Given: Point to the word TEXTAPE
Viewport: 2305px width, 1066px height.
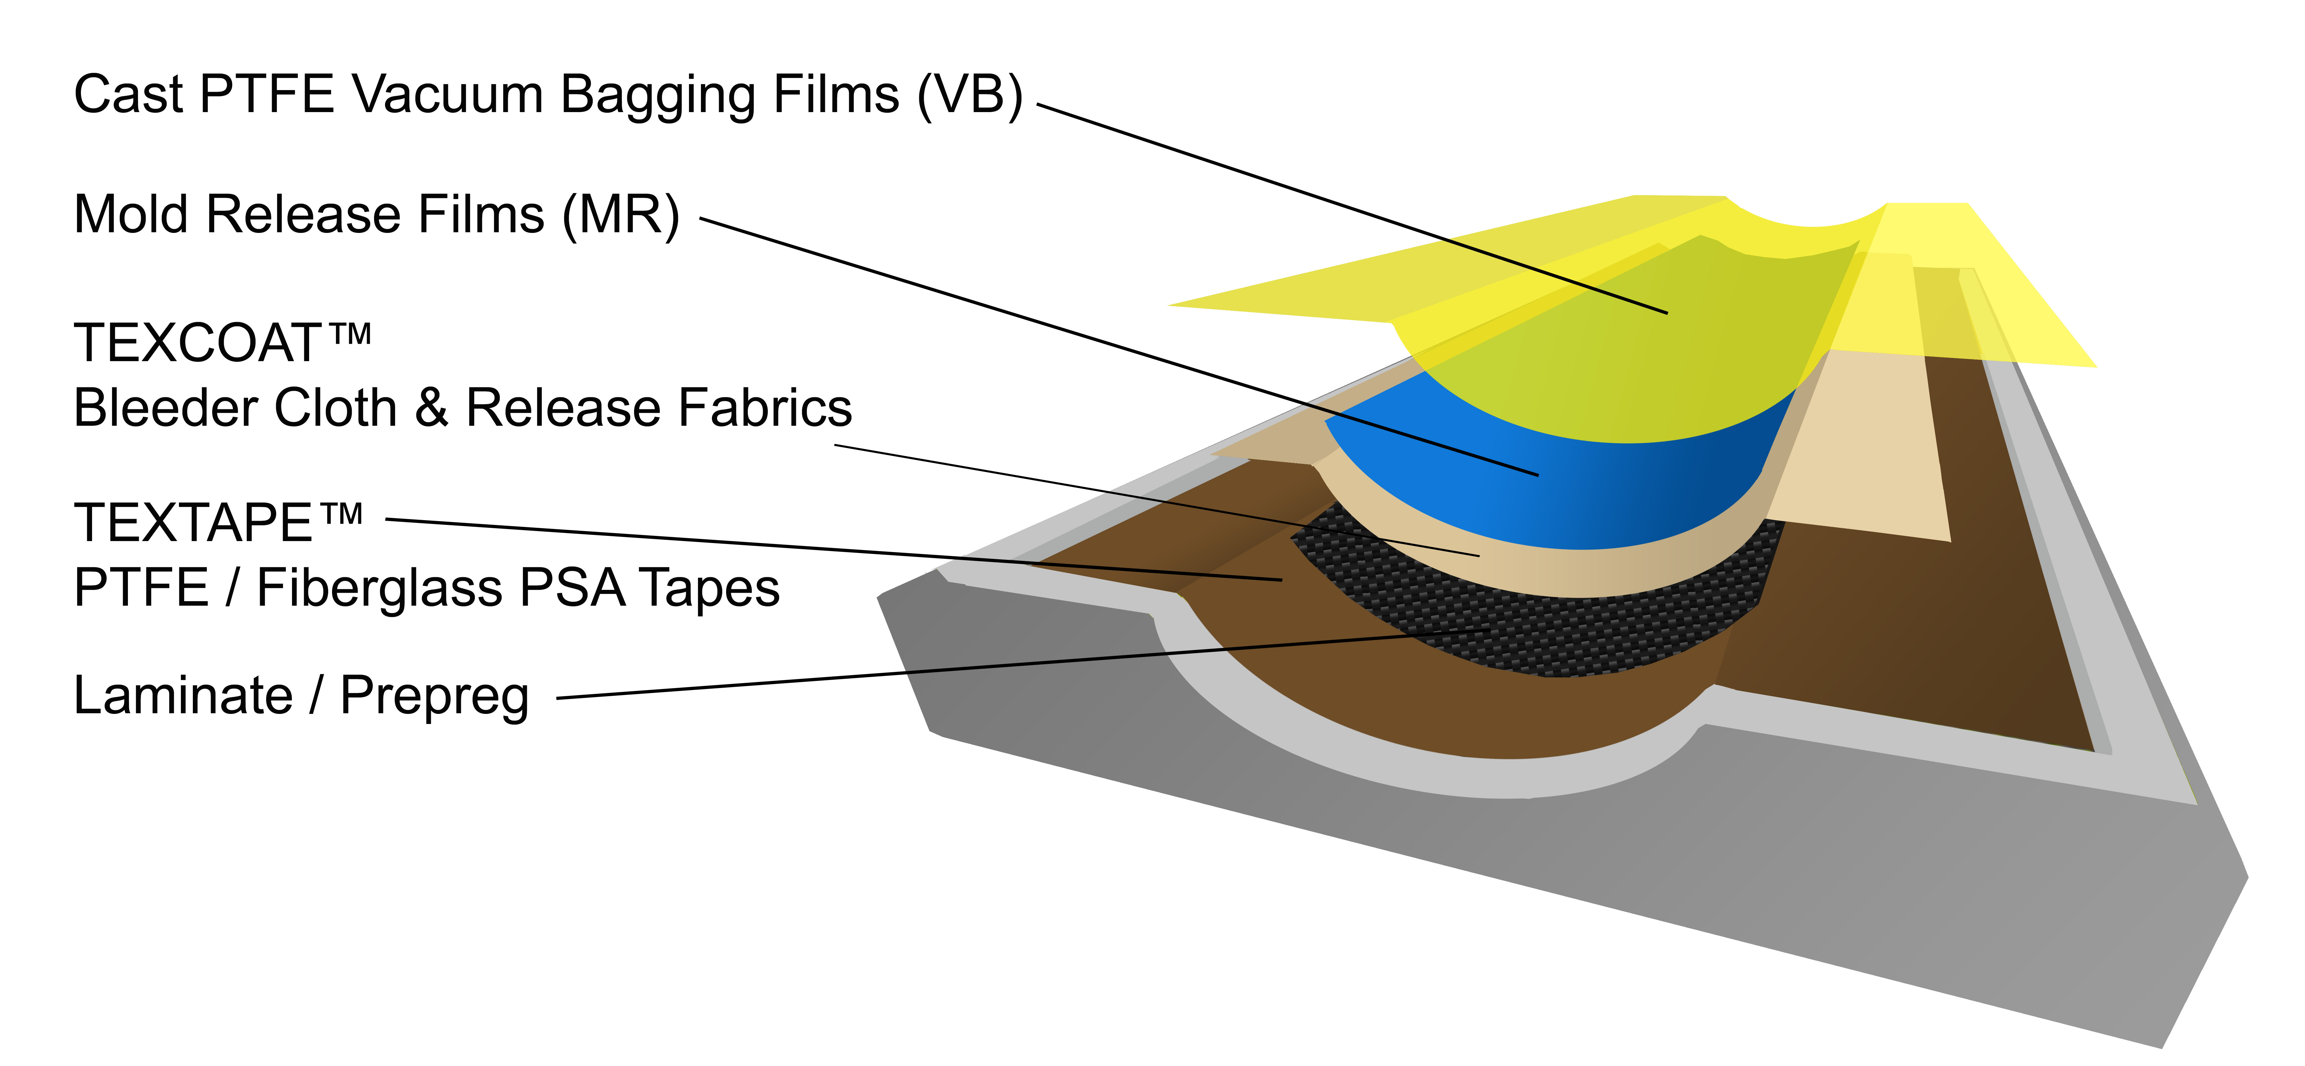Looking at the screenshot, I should click(193, 524).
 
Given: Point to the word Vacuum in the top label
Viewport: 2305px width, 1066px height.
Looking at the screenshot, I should click(447, 95).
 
